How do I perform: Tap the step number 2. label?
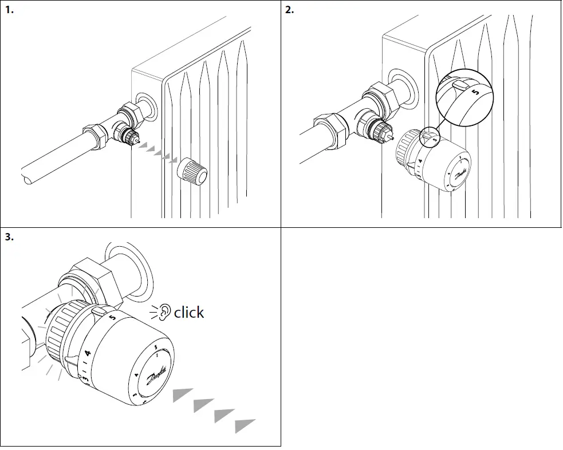tap(290, 10)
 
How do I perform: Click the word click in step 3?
tap(188, 313)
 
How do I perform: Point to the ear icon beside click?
tap(165, 312)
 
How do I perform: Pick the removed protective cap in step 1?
tap(193, 172)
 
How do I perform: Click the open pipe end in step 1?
tap(29, 177)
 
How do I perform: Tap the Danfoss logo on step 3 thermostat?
tap(156, 375)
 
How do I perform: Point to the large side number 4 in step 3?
tap(88, 354)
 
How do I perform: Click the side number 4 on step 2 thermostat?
tap(420, 162)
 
